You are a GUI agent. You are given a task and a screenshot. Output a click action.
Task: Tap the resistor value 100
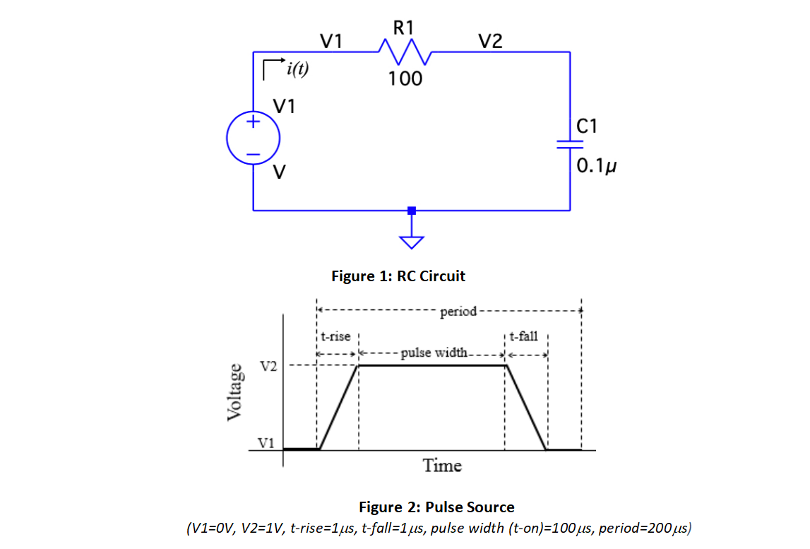click(405, 78)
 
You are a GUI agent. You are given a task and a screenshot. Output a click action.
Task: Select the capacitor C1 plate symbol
click(569, 143)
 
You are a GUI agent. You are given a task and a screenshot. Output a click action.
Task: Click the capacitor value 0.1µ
click(597, 167)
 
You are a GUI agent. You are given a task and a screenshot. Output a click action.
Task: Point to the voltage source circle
click(253, 137)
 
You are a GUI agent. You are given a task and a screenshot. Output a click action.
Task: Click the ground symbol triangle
click(412, 242)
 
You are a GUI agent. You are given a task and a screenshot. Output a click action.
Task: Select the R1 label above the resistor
click(405, 28)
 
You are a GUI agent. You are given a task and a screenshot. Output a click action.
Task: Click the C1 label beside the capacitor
click(587, 126)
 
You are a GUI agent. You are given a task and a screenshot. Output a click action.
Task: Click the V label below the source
click(280, 172)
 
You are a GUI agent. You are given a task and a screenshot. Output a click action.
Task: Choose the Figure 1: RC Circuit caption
click(398, 276)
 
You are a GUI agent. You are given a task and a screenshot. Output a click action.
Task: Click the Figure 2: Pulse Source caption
click(436, 507)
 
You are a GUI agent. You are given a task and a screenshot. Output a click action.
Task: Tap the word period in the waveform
click(458, 311)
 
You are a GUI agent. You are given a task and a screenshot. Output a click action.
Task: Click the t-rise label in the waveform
click(335, 336)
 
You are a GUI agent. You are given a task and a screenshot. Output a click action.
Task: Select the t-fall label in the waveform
click(523, 336)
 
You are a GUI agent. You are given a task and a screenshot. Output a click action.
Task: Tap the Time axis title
click(442, 466)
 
